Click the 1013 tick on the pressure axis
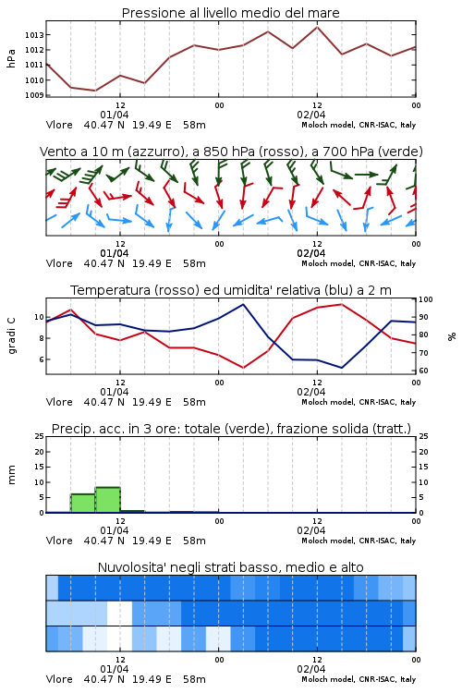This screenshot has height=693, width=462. (x=34, y=35)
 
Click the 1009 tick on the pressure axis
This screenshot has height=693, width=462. (x=34, y=95)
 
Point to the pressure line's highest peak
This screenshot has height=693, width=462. (x=317, y=27)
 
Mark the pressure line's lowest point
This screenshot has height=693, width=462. (x=95, y=91)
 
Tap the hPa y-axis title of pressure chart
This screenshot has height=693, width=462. (x=11, y=58)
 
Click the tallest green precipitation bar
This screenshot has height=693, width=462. (x=107, y=499)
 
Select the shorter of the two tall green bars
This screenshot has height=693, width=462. (x=83, y=503)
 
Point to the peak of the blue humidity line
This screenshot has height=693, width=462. (x=243, y=304)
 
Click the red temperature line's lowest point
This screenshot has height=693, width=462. (x=244, y=368)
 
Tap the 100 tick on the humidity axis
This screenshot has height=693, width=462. (x=426, y=299)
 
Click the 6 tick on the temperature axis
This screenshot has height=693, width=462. (x=41, y=359)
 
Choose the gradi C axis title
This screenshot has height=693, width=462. (x=11, y=335)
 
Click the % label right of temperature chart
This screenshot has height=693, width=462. (x=452, y=336)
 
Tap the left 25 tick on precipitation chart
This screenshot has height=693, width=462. (x=39, y=437)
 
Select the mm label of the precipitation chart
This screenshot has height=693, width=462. (x=11, y=475)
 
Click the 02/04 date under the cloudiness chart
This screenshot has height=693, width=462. (x=311, y=669)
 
